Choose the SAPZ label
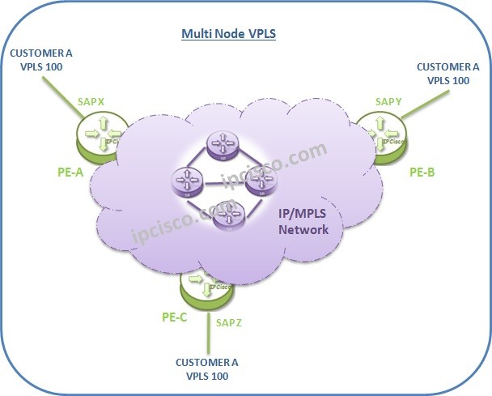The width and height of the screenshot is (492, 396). (228, 321)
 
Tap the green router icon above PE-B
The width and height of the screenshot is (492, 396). (381, 133)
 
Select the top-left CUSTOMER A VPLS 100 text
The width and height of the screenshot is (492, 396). (40, 61)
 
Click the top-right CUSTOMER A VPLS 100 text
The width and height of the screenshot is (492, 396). (443, 75)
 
